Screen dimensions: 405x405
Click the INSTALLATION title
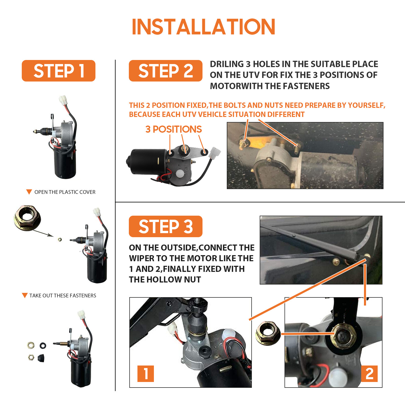[x=204, y=27]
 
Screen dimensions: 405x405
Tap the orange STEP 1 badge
[x=58, y=71]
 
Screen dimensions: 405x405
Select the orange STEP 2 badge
[x=166, y=71]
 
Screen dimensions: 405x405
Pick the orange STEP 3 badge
[x=166, y=226]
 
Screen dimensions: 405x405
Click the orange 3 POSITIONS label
[x=173, y=129]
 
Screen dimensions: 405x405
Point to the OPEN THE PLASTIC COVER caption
[x=65, y=192]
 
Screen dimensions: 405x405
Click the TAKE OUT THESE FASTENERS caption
[x=63, y=296]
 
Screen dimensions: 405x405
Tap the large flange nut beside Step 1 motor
[x=27, y=218]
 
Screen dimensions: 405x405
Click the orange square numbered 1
[x=146, y=374]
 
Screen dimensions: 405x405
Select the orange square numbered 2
[x=369, y=374]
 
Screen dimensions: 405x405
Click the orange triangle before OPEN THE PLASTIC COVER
[x=29, y=192]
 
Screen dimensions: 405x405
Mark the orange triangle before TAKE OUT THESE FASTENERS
[x=25, y=295]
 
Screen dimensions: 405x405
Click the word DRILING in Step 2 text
[x=227, y=64]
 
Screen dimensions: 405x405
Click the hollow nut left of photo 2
[x=268, y=333]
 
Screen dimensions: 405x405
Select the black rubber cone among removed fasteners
[x=41, y=358]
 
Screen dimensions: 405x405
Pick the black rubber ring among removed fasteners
[x=43, y=345]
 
